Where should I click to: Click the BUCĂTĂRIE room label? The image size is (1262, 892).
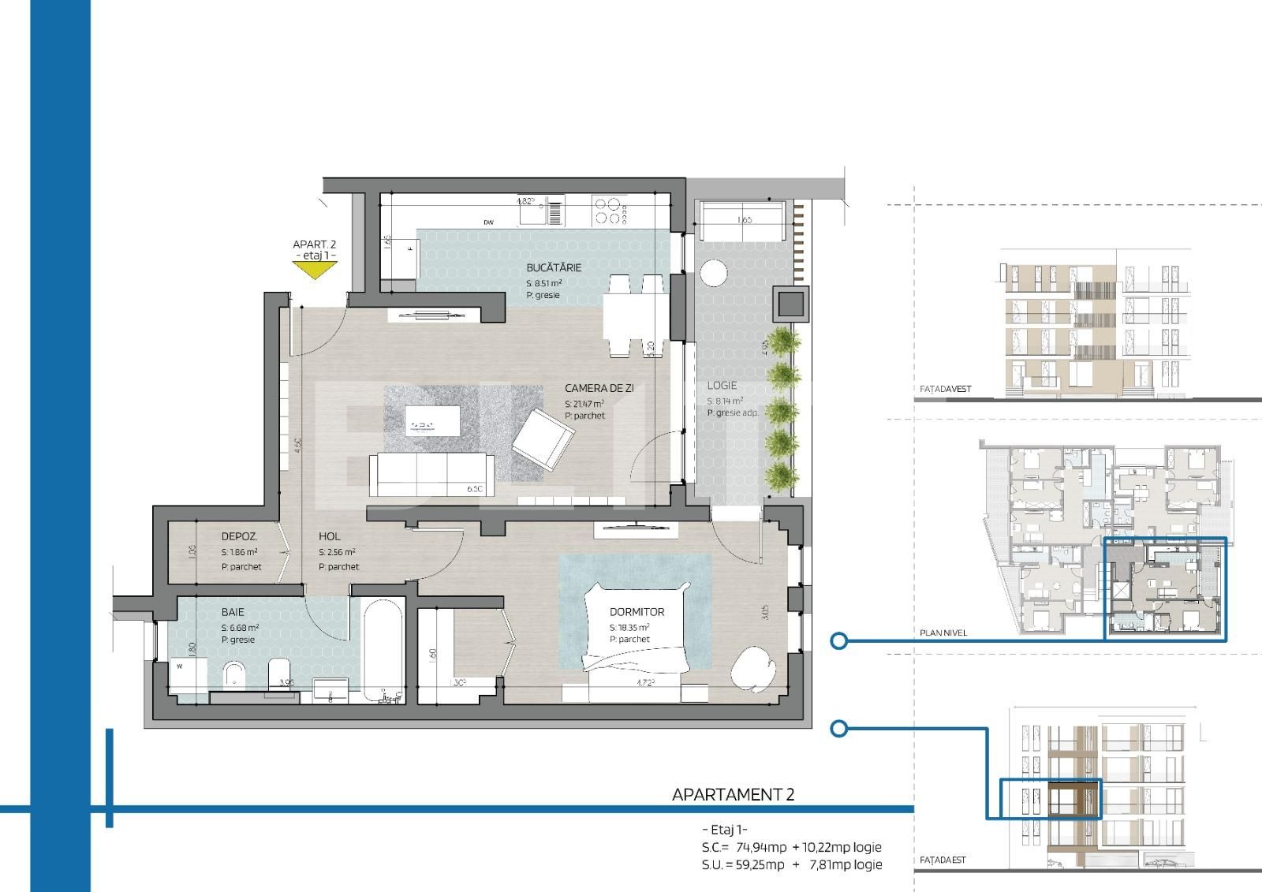pos(554,267)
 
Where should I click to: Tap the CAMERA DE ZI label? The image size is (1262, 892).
pos(599,388)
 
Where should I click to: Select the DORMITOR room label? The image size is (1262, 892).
pos(637,612)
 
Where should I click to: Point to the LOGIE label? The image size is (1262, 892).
pos(722,386)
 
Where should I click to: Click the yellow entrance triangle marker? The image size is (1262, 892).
pos(315,270)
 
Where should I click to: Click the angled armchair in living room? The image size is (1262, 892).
pos(543,440)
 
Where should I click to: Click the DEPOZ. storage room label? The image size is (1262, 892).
pos(239,537)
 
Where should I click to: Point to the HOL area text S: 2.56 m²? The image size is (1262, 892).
pos(337,553)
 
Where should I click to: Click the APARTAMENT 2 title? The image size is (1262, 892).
pos(733,794)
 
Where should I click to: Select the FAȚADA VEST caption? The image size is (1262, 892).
pos(945,390)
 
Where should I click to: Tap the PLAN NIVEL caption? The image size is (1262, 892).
pos(943,633)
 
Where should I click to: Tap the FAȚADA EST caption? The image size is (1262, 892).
pos(943,860)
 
